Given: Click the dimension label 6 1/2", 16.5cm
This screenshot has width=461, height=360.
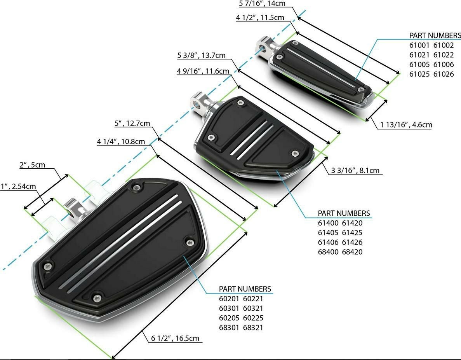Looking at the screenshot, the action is pos(175,338).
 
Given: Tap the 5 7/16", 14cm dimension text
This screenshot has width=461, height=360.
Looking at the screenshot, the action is pos(262,4).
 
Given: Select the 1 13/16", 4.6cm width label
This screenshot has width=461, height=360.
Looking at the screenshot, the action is pos(406,124).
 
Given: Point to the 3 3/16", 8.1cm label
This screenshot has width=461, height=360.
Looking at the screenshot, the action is pos(355,170).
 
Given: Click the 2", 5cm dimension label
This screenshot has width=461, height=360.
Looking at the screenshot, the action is pos(32,165).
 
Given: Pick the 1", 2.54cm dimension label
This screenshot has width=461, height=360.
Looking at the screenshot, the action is pos(19,186).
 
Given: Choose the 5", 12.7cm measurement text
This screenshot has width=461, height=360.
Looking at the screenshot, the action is pos(132,123).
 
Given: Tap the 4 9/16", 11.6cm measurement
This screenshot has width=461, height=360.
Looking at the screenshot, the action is pos(203,71).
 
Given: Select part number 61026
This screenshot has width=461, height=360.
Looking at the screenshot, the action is pos(444,74).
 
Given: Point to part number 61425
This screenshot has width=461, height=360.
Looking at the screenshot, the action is pos(352,232).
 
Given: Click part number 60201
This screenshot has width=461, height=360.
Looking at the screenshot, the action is pos(229,299).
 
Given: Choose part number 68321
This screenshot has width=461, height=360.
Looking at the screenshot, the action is pos(253,327).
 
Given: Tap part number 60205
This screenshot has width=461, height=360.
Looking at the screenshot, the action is pos(229,318).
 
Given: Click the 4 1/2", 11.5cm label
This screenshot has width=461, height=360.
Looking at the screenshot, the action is pos(260,17).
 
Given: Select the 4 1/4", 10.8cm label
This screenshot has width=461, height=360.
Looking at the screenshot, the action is pos(121,141).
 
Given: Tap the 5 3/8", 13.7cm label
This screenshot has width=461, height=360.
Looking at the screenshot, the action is pos(202,55).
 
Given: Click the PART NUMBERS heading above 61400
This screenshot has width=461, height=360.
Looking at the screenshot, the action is pos(344,213).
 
